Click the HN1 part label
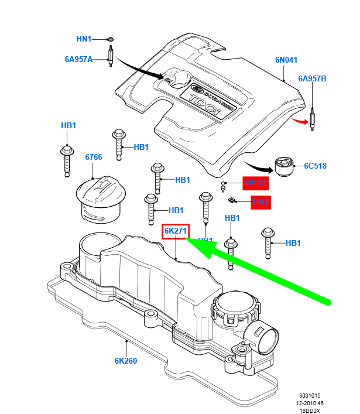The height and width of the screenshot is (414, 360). [x=84, y=39]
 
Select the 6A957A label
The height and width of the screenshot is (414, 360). [x=79, y=59]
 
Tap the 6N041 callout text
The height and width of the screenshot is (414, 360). [x=287, y=59]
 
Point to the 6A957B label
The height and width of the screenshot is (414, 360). [x=313, y=78]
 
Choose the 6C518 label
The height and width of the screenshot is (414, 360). [x=315, y=166]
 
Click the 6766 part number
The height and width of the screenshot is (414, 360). [x=94, y=158]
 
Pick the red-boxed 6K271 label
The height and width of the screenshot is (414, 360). [x=176, y=232]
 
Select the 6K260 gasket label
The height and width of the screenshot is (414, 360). [x=126, y=361]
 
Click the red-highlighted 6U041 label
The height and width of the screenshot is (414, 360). [x=255, y=183]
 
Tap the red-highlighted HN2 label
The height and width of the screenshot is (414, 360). [x=260, y=202]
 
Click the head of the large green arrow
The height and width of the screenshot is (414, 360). [x=196, y=245]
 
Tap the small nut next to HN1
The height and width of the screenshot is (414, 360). [x=110, y=40]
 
